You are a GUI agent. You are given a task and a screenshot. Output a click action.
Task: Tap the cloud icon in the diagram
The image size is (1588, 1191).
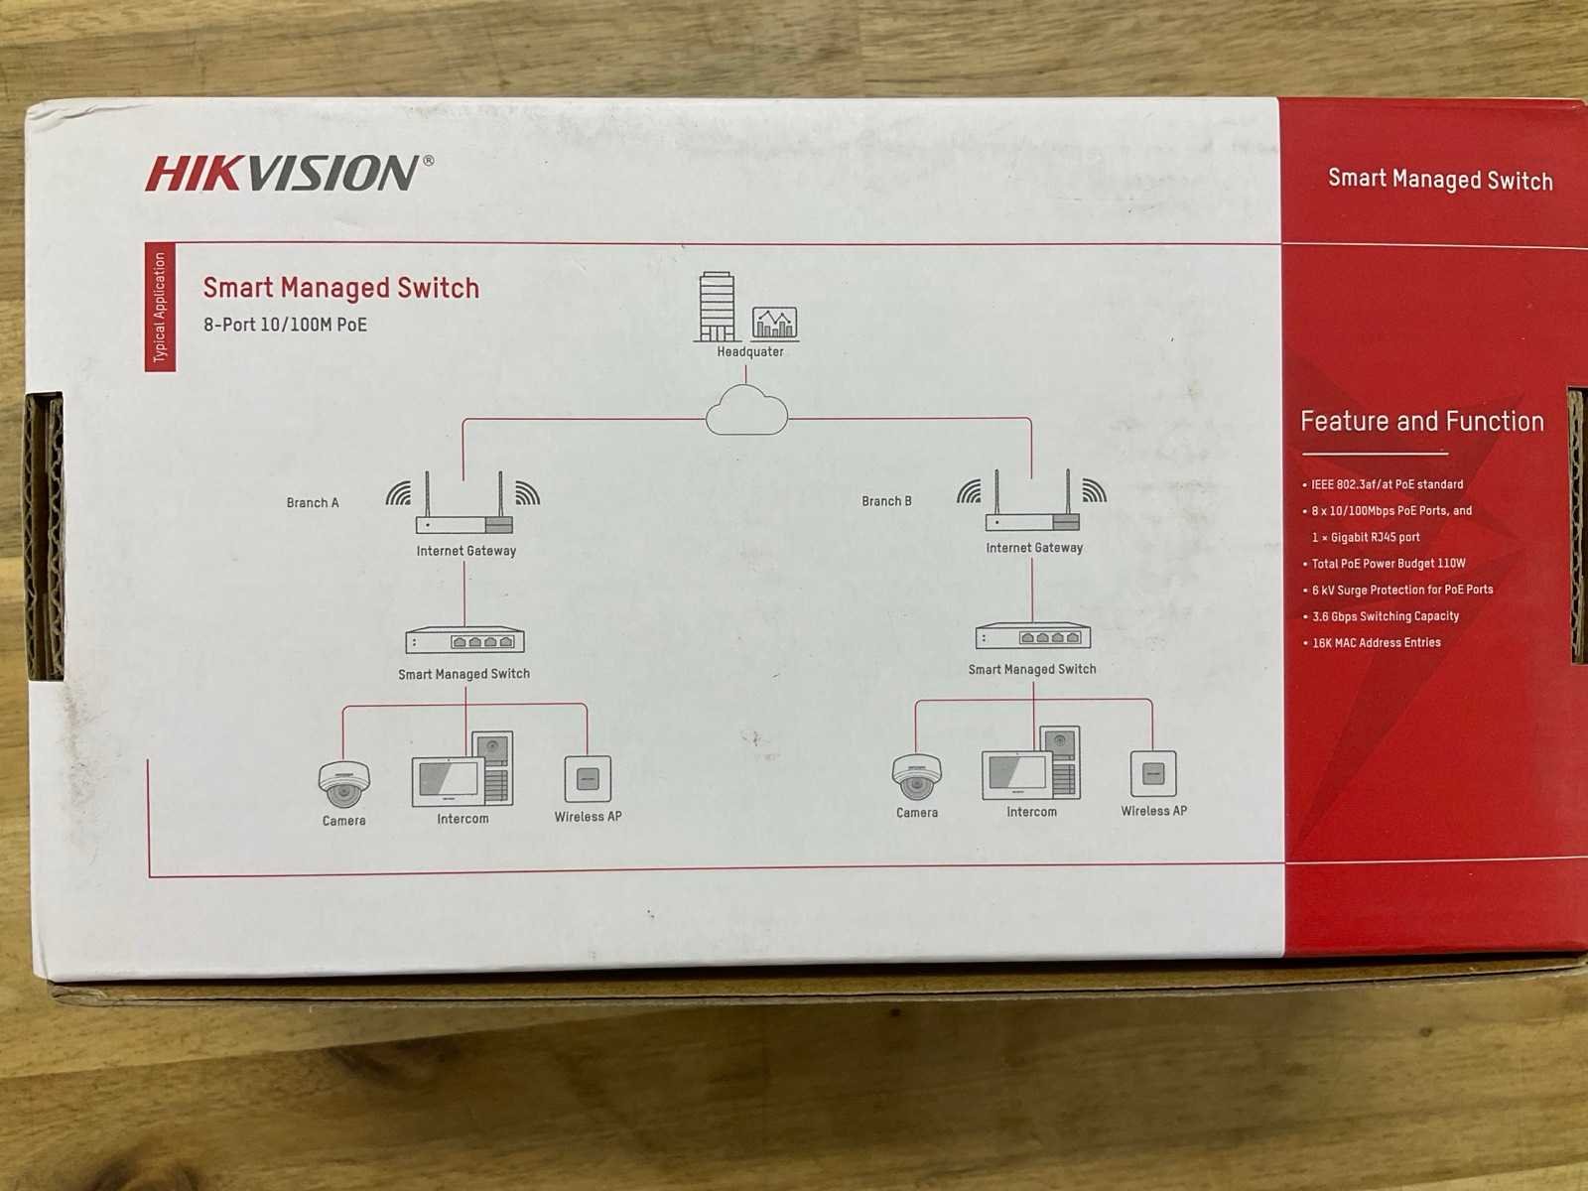pyautogui.click(x=746, y=410)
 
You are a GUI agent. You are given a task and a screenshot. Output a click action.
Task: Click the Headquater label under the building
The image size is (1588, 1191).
pyautogui.click(x=749, y=351)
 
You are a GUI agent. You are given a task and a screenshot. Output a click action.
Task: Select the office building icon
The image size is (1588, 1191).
pyautogui.click(x=717, y=306)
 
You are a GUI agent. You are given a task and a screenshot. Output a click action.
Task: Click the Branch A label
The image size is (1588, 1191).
pyautogui.click(x=313, y=502)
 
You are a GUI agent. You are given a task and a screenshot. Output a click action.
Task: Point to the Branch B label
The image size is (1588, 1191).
pyautogui.click(x=886, y=501)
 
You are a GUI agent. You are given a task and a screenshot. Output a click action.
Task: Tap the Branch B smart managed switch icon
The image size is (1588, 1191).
pyautogui.click(x=1032, y=636)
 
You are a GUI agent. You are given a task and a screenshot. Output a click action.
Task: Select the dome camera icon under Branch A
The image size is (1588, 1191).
pyautogui.click(x=343, y=783)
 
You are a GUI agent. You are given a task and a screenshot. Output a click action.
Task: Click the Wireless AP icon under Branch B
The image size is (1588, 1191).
pyautogui.click(x=1153, y=773)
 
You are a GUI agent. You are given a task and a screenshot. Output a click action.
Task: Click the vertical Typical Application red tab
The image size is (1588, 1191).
pyautogui.click(x=160, y=308)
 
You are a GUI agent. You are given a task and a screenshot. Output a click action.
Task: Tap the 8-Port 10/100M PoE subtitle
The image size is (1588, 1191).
pyautogui.click(x=285, y=325)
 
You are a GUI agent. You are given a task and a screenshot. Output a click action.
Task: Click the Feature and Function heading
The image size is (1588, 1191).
pyautogui.click(x=1421, y=422)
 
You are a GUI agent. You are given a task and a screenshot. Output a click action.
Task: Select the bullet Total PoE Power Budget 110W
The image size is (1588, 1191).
pyautogui.click(x=1384, y=564)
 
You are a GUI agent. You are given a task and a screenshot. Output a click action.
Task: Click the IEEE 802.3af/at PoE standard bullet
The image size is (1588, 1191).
pyautogui.click(x=1382, y=484)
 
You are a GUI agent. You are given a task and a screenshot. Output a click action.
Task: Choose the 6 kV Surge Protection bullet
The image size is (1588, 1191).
pyautogui.click(x=1397, y=590)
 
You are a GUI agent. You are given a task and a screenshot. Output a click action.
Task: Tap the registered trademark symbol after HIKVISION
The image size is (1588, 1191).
pyautogui.click(x=429, y=160)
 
